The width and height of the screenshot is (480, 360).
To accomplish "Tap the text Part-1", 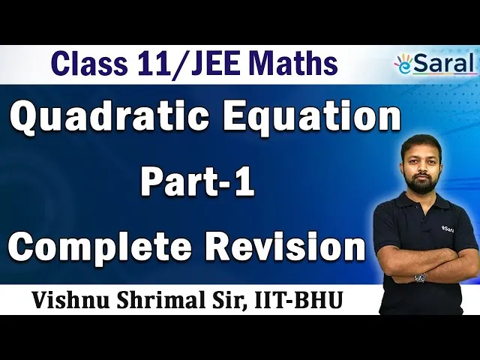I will click(x=198, y=184).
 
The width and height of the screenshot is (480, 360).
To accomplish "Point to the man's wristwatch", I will click(x=419, y=277).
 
